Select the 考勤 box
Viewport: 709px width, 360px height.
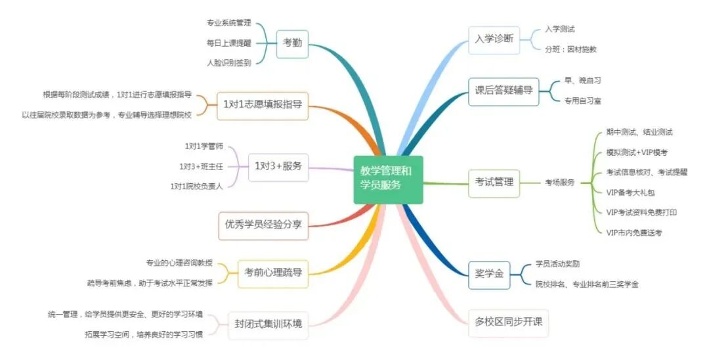(292, 43)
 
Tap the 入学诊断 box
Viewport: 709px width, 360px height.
(494, 39)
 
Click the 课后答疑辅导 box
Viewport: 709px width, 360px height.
(504, 91)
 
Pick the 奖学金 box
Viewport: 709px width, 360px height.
(488, 274)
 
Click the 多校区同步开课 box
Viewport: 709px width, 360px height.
(508, 323)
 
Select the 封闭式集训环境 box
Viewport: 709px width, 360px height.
(268, 323)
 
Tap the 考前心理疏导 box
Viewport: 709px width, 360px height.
(272, 272)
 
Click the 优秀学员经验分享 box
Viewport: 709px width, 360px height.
(263, 224)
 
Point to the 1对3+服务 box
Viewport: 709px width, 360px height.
(278, 166)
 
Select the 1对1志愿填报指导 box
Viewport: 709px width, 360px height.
(263, 104)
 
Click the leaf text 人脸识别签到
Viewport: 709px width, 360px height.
(228, 62)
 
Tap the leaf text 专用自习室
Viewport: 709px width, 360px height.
(582, 101)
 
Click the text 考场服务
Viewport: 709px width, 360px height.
(559, 182)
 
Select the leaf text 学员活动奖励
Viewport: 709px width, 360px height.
(557, 263)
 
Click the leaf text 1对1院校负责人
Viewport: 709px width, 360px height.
(197, 186)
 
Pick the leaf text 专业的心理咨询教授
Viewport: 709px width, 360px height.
(179, 263)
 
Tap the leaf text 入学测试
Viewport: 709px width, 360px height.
(560, 29)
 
